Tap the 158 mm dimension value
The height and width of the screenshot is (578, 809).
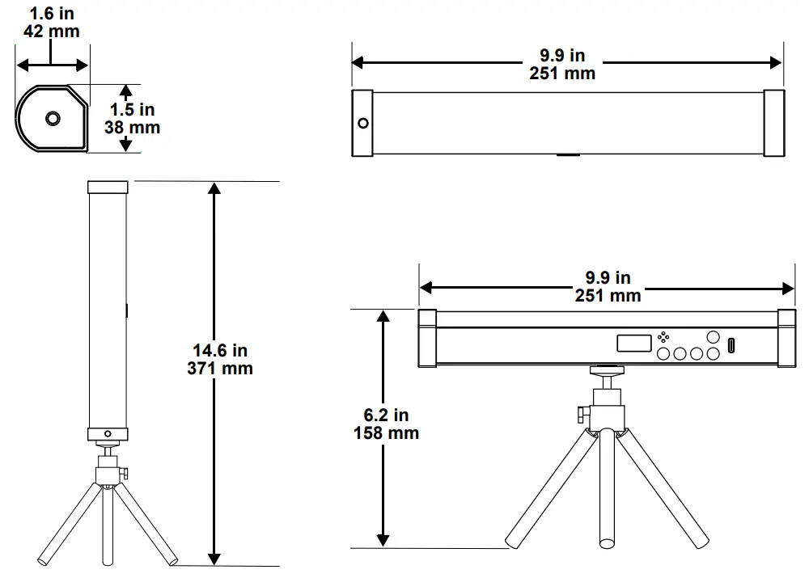[x=386, y=433]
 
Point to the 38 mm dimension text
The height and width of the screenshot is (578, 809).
[x=132, y=128]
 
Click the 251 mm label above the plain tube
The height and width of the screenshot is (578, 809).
[x=562, y=74]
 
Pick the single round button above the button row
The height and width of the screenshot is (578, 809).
[x=713, y=336]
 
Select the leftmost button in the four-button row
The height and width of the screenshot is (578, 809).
[x=663, y=353]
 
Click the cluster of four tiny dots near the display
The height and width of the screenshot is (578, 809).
[x=663, y=337]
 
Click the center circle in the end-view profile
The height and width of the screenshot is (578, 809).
[x=53, y=119]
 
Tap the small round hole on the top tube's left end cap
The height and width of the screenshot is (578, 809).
[x=363, y=124]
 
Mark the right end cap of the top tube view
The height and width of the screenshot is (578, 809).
[x=773, y=124]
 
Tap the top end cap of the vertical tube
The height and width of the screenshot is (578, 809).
[x=108, y=188]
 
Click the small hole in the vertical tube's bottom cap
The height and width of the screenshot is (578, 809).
[x=108, y=432]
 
